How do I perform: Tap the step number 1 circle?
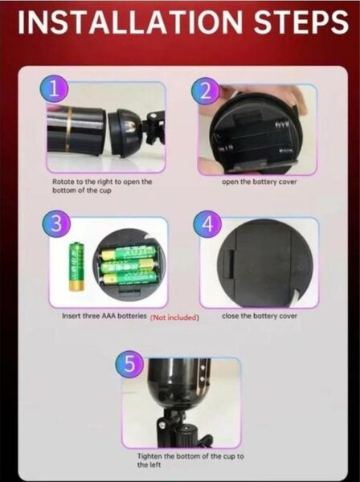tap(54, 90)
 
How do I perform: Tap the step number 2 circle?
tap(206, 91)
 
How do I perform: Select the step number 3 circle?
tap(56, 224)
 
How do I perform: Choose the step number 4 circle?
tap(208, 224)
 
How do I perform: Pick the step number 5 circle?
tap(129, 364)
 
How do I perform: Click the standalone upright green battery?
tap(76, 266)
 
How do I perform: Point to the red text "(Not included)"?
tap(174, 317)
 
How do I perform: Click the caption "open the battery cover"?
tap(260, 182)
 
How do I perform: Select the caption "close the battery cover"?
tap(260, 316)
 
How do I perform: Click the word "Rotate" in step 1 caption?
tap(63, 182)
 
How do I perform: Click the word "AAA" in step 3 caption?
tap(109, 316)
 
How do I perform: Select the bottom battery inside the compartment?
tap(129, 279)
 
